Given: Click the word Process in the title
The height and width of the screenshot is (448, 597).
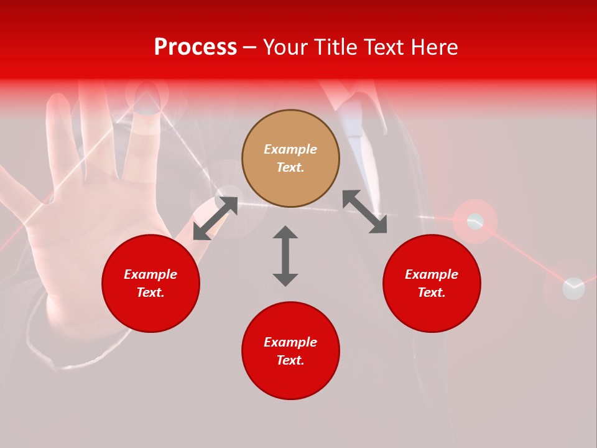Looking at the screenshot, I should click(195, 47).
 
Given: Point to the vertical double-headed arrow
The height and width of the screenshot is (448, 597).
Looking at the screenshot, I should click(285, 256).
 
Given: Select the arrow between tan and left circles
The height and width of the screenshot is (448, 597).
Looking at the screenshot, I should click(215, 218).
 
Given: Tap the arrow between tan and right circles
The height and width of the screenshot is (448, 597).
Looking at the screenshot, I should click(364, 212).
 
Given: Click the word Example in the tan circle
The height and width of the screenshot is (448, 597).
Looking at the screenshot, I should click(290, 149).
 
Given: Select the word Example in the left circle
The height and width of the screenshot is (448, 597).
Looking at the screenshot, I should click(150, 274).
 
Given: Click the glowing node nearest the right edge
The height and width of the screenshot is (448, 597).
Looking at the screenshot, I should click(573, 288).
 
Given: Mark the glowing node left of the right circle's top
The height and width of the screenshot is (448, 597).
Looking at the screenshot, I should click(475, 221).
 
